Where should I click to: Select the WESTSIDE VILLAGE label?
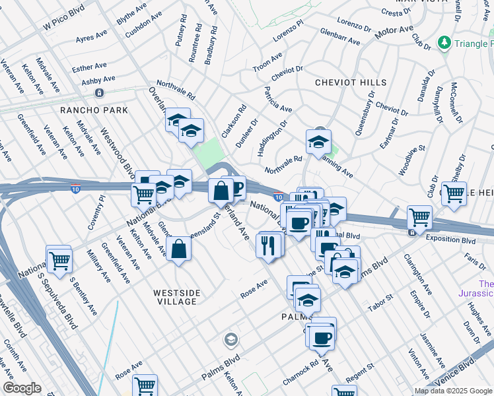coord(174,296)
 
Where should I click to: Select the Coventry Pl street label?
coord(96,213)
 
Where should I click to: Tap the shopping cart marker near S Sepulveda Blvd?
coord(59,259)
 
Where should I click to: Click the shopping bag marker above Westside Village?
coord(179,250)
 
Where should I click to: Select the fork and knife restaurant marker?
coord(268,246)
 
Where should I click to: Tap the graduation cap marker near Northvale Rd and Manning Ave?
coord(318,142)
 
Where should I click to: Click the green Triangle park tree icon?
coord(445,43)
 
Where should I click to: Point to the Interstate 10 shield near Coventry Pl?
coord(76,188)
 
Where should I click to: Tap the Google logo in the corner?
coord(22,388)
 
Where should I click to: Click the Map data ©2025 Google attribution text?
coord(453,391)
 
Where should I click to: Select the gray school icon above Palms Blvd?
coord(230,340)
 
